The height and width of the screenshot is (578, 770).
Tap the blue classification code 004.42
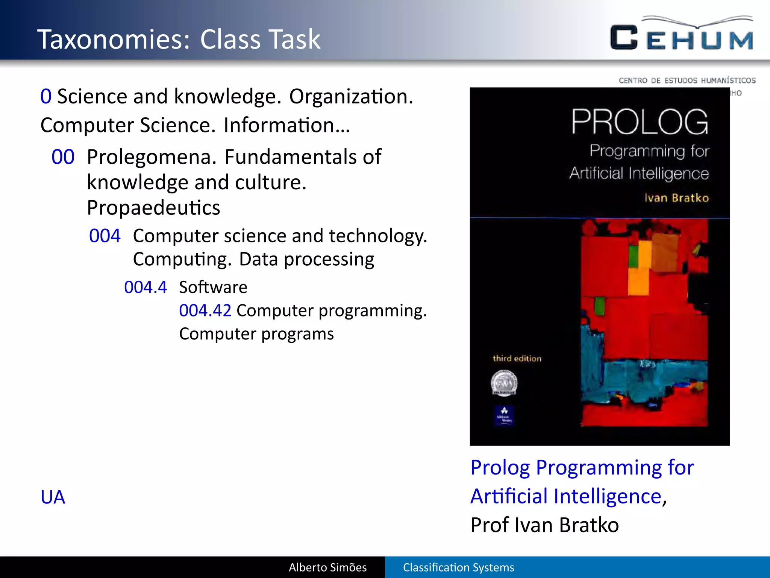[205, 311]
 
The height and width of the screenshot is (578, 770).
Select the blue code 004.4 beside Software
[145, 287]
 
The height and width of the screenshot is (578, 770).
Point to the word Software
[213, 287]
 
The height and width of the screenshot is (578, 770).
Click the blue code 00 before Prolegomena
[63, 157]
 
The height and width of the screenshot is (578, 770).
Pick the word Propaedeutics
[153, 208]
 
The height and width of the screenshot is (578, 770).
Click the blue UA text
[53, 497]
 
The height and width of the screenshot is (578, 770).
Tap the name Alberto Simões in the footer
[327, 567]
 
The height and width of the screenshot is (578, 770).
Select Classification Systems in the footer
[458, 567]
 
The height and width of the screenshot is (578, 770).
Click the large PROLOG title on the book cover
[640, 122]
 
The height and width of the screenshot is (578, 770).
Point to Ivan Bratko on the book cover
[676, 198]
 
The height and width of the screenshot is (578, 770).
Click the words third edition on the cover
[517, 359]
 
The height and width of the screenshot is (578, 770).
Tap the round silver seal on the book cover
[504, 383]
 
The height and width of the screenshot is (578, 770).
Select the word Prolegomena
[152, 157]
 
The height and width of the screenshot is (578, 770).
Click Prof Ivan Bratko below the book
[544, 525]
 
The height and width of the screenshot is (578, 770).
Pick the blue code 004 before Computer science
[105, 236]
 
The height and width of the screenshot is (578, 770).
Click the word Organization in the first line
[351, 97]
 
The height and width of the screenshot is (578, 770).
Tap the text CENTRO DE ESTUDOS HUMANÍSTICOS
[687, 81]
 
